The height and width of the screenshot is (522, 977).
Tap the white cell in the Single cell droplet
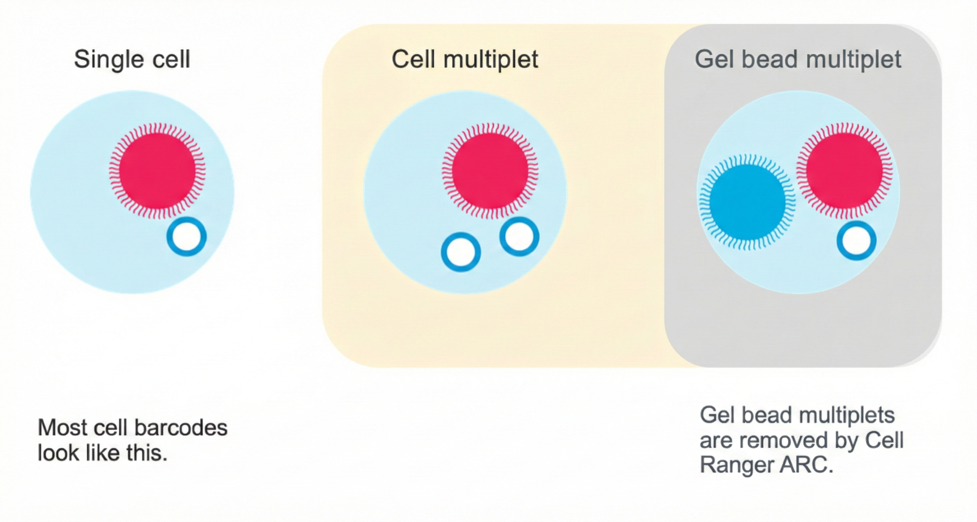187,237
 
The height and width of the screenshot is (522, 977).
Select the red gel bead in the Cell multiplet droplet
490,171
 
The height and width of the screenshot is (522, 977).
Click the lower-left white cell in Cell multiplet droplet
461,252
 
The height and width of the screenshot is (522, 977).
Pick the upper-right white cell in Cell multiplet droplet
519,236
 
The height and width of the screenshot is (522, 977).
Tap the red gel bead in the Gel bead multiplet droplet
844,170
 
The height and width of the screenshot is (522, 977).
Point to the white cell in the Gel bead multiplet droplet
856,241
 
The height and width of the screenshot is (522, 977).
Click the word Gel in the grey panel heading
713,60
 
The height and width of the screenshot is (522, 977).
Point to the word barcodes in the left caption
180,428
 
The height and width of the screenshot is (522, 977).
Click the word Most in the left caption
63,428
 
